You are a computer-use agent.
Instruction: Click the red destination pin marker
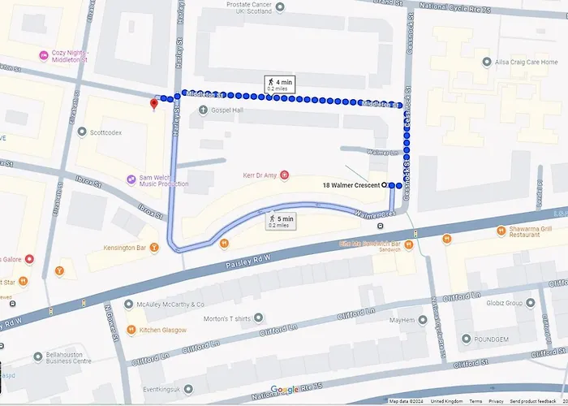coord(154,103)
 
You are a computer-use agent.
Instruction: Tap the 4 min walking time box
coord(278,84)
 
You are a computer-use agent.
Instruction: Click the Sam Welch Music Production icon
coord(131,179)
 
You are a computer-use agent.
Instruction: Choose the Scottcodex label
coord(105,132)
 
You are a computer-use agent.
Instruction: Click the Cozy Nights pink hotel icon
coord(44,55)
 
